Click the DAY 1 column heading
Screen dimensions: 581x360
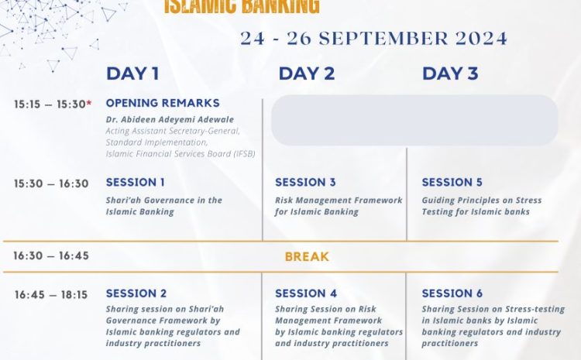[x=132, y=74]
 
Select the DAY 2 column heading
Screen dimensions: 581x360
[x=307, y=74]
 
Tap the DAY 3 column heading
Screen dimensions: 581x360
[x=450, y=74]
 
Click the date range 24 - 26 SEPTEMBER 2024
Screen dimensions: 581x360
[x=373, y=39]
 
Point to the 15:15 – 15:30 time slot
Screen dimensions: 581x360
[x=50, y=105]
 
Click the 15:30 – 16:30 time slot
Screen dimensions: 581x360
[x=51, y=183]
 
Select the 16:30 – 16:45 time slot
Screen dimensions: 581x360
[x=51, y=256]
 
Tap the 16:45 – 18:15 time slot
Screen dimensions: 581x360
[x=51, y=295]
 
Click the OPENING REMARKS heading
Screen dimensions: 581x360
[x=163, y=103]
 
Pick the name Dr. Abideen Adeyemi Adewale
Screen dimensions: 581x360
[x=170, y=120]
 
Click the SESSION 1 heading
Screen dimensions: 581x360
[x=136, y=182]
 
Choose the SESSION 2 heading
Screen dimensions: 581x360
[x=136, y=293]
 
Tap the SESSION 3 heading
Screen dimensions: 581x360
[x=305, y=182]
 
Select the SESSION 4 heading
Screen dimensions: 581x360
[x=306, y=293]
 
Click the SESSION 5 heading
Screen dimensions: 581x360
[x=452, y=182]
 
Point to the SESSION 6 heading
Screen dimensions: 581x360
[x=452, y=293]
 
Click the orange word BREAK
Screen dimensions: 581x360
[x=307, y=257]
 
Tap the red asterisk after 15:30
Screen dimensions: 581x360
[x=89, y=103]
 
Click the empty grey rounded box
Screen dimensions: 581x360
[x=414, y=120]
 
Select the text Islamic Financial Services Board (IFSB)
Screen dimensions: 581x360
[x=180, y=154]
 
